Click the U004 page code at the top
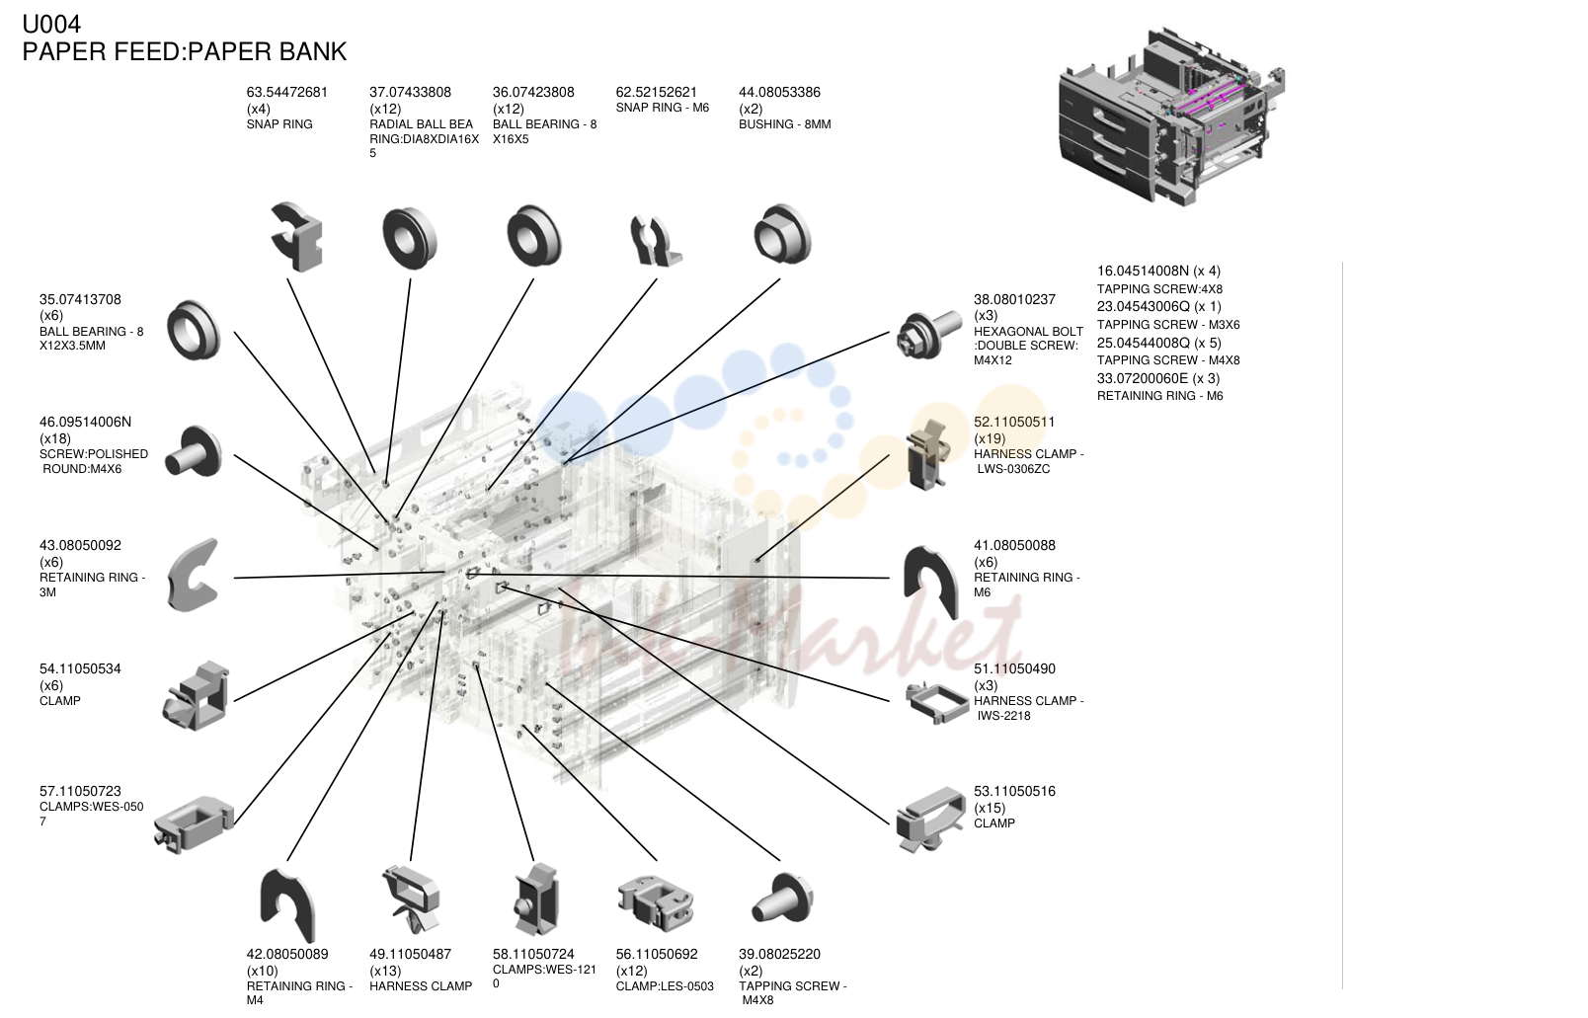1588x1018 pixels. click(x=51, y=24)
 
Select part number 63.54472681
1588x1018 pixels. click(x=287, y=92)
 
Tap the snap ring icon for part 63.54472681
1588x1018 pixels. click(x=297, y=236)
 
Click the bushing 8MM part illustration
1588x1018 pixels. click(x=782, y=234)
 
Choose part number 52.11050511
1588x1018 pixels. click(x=1014, y=422)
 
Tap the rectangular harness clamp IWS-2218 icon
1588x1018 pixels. click(x=937, y=702)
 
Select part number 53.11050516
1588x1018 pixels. click(x=1014, y=791)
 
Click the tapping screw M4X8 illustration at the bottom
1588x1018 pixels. click(x=782, y=898)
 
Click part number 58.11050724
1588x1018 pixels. click(x=533, y=954)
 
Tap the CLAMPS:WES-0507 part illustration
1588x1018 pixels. click(x=194, y=823)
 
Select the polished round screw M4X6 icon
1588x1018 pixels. click(x=193, y=451)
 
